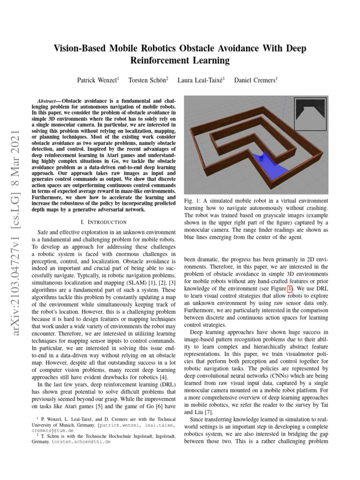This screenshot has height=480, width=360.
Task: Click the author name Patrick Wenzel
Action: click(x=97, y=80)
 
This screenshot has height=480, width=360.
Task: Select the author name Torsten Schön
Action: click(x=147, y=80)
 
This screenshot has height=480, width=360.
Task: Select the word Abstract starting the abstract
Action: click(x=48, y=101)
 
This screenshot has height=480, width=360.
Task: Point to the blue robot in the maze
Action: click(x=262, y=158)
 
